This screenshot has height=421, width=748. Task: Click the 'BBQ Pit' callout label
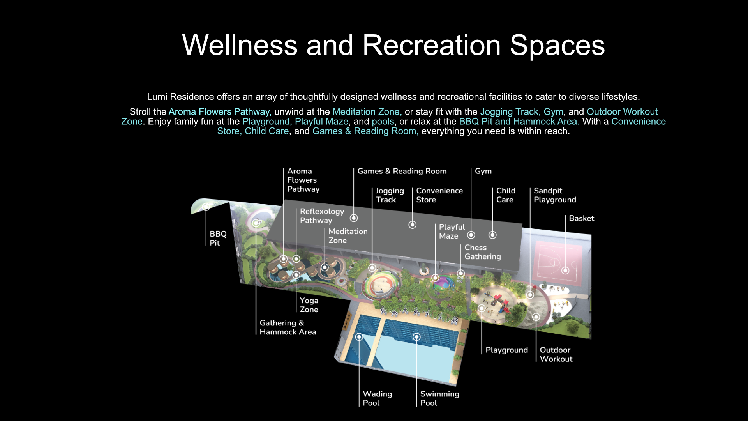(218, 238)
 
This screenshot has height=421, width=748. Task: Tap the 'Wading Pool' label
(377, 398)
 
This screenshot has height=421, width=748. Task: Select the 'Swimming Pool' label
(439, 398)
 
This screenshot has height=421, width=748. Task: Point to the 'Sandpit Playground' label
(555, 195)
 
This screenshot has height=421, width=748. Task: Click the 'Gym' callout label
(483, 171)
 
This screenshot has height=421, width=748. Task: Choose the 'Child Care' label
(506, 195)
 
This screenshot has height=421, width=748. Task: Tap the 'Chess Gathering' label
(483, 252)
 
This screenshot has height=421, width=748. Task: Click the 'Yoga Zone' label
(309, 305)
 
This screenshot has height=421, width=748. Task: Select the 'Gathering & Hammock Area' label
(288, 327)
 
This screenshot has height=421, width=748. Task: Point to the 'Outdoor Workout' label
(556, 355)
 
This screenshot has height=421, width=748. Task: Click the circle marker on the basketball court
(565, 271)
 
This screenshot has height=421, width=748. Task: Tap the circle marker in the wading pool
(359, 337)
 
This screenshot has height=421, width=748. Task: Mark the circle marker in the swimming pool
(417, 337)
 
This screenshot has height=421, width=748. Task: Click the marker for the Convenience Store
(413, 225)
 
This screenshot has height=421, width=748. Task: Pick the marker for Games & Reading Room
(354, 218)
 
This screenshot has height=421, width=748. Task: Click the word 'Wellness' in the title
(240, 45)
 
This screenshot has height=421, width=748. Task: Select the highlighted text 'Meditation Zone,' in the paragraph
(367, 112)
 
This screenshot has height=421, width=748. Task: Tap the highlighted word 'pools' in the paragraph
(383, 122)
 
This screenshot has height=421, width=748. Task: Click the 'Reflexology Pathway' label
(322, 216)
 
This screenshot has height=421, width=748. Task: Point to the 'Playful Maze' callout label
(452, 232)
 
